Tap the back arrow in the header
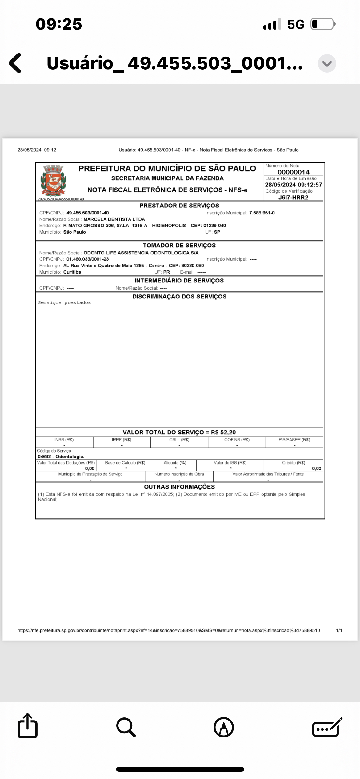[15, 63]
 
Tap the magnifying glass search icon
[126, 727]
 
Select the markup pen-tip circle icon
[224, 727]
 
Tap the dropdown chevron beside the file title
[327, 63]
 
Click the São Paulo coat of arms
[53, 181]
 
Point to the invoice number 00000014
[294, 172]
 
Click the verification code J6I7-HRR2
[293, 198]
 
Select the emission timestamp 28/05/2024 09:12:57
[294, 185]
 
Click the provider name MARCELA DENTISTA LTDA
[114, 219]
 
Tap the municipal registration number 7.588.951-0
[262, 213]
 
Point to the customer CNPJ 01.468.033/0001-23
[87, 259]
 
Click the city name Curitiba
[72, 272]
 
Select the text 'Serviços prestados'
[64, 303]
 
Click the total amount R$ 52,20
[223, 432]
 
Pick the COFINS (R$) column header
[237, 440]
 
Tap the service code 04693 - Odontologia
[61, 457]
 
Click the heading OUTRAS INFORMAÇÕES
[179, 487]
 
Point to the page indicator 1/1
[339, 630]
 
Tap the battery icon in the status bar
[322, 24]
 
